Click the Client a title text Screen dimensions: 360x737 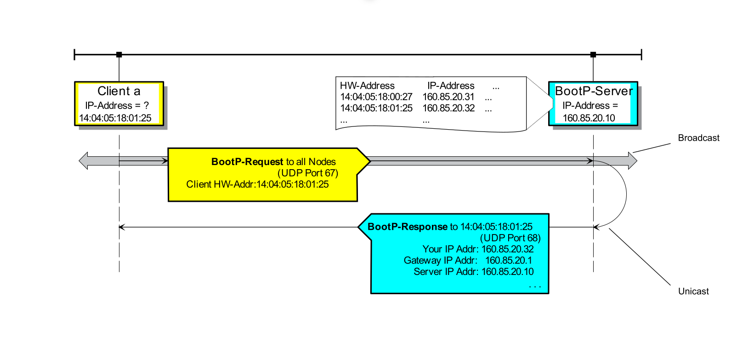click(x=119, y=91)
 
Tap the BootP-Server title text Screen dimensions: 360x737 click(x=594, y=91)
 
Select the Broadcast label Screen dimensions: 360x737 click(x=698, y=138)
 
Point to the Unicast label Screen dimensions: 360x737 click(x=693, y=291)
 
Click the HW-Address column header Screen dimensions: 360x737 click(x=367, y=86)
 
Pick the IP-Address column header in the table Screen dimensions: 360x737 click(x=451, y=86)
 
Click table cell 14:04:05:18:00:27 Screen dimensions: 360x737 click(x=376, y=97)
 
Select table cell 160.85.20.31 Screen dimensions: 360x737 click(x=448, y=97)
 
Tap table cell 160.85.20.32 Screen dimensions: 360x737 click(x=448, y=109)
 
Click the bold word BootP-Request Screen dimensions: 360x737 click(x=247, y=162)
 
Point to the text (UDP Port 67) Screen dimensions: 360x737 click(x=308, y=173)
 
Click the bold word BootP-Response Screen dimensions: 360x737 click(x=407, y=227)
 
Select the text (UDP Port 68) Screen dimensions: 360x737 click(x=510, y=238)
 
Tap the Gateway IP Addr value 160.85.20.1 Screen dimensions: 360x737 click(x=509, y=260)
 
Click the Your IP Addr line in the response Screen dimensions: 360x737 click(x=478, y=249)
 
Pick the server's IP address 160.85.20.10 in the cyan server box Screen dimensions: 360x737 click(x=589, y=118)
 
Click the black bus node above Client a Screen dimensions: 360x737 click(x=119, y=55)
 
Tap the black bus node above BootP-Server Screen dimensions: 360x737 click(x=593, y=55)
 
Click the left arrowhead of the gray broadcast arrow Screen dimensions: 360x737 click(x=83, y=161)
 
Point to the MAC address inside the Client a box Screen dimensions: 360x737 click(x=115, y=118)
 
